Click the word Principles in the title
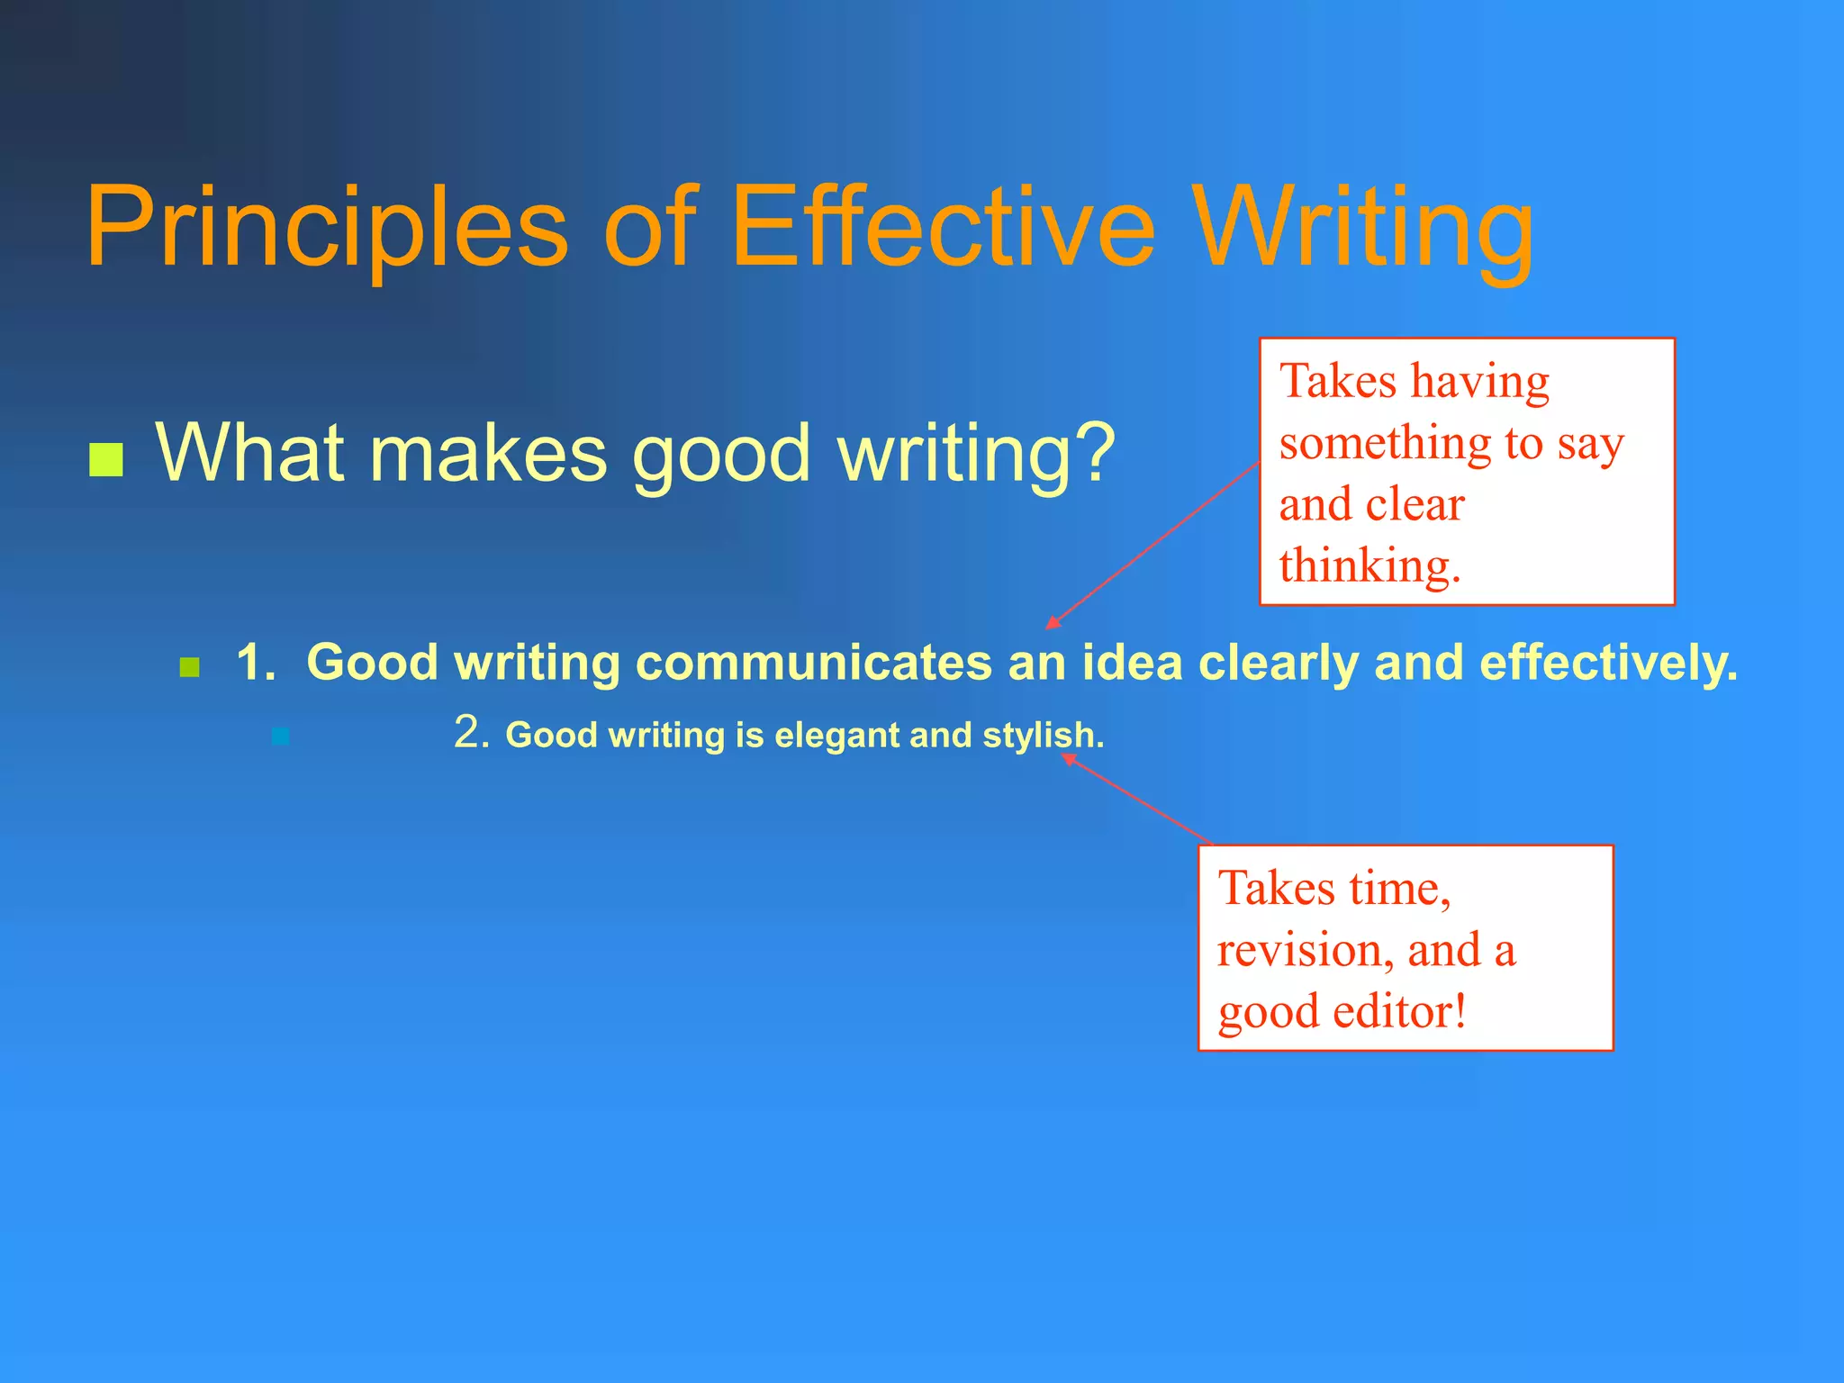[326, 227]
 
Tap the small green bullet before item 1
[189, 667]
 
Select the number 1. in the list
[256, 663]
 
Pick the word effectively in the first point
[1608, 663]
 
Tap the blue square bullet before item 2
[281, 737]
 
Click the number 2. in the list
[471, 732]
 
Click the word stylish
[1042, 736]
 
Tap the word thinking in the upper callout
[1368, 565]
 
